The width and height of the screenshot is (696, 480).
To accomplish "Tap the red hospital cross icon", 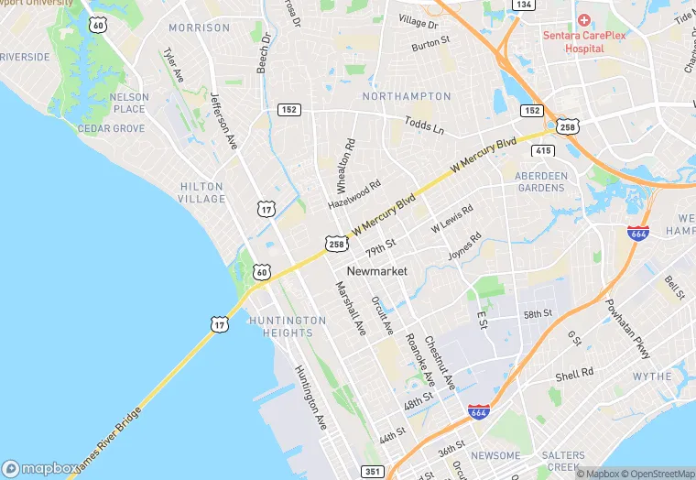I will [583, 20].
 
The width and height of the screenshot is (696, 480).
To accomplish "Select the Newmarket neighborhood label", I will [377, 271].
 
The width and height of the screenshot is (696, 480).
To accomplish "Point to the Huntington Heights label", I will [288, 326].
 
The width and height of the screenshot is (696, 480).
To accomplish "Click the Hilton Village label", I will [202, 192].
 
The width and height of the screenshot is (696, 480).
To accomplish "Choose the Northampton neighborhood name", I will [407, 96].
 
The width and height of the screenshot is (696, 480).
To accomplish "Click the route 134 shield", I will [524, 5].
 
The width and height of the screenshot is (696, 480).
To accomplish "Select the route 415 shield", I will [544, 150].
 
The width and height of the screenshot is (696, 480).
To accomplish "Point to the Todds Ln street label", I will [424, 126].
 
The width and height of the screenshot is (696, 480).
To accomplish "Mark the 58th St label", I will [538, 313].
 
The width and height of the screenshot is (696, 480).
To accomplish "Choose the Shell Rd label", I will [574, 374].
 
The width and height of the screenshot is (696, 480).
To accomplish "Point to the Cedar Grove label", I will [111, 129].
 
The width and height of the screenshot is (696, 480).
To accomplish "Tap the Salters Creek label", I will [562, 462].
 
